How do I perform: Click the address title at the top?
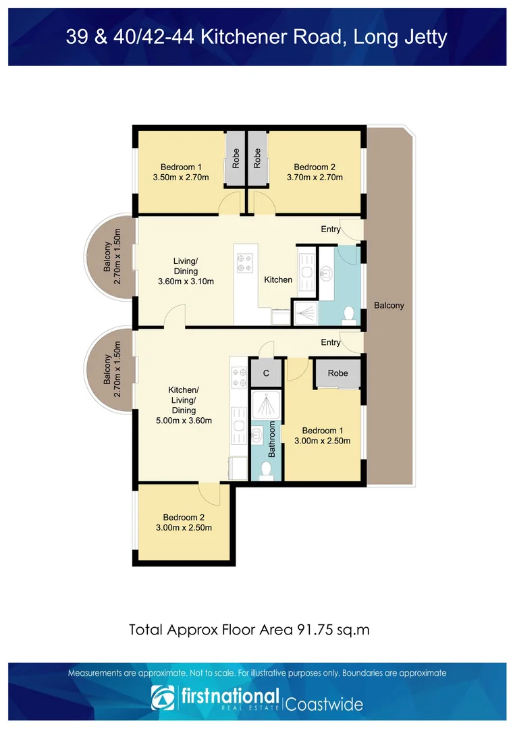(x=256, y=36)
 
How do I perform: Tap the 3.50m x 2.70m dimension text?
(x=180, y=178)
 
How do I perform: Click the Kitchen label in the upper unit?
(x=278, y=279)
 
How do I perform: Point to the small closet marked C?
(x=267, y=373)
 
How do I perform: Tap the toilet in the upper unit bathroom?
(x=349, y=314)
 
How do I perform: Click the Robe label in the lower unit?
(x=338, y=373)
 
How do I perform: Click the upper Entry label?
(x=331, y=230)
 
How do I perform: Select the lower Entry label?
(x=331, y=343)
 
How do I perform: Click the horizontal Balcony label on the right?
(x=389, y=305)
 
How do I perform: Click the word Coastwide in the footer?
(x=325, y=704)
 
